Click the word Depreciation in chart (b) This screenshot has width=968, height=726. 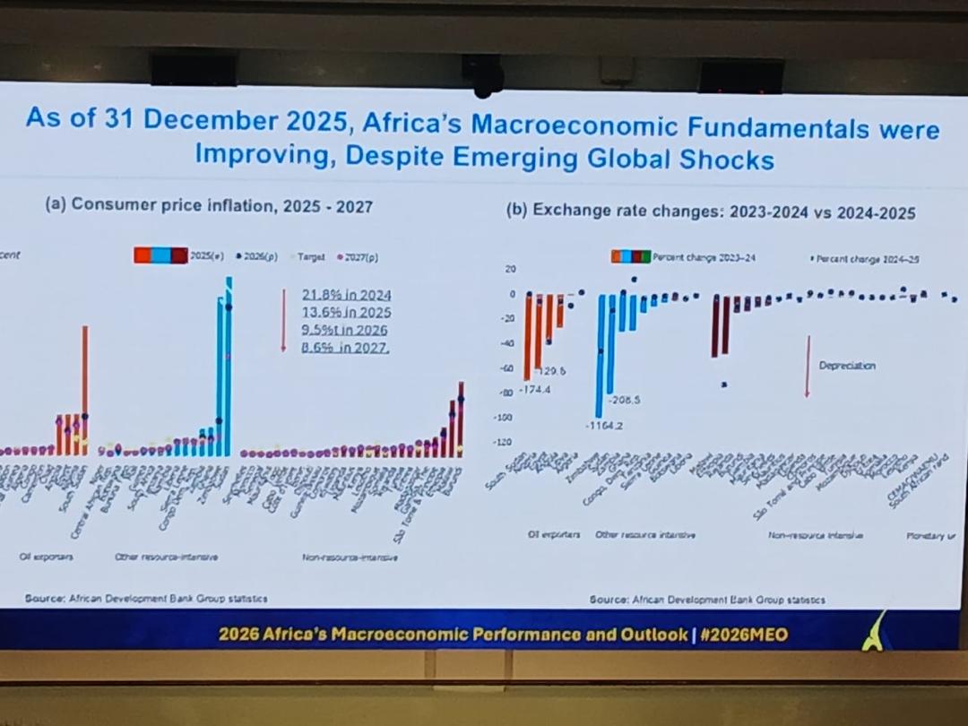point(847,366)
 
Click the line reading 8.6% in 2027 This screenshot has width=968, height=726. point(346,349)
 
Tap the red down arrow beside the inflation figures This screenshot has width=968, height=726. point(283,320)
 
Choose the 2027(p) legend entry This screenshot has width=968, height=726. point(359,256)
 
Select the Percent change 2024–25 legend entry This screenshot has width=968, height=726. point(868,258)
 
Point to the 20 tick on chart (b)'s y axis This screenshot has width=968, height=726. point(512,269)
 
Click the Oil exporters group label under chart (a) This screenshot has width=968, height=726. point(47,557)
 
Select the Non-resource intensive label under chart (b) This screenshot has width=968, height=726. point(815,535)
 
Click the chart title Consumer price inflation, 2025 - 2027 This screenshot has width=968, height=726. point(209,206)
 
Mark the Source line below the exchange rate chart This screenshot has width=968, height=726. point(707,599)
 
